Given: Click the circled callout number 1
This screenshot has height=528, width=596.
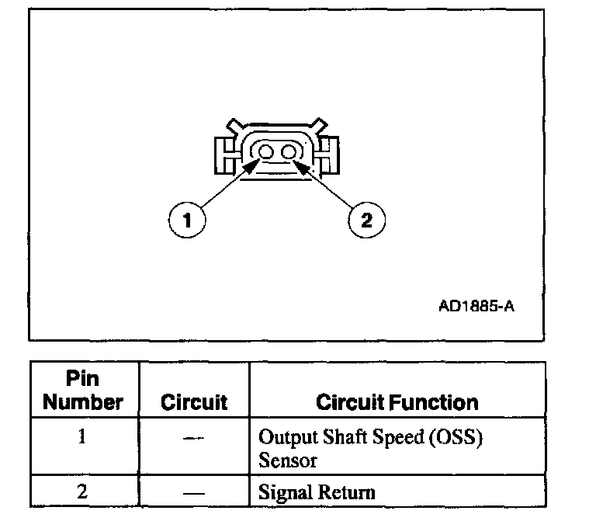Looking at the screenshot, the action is coord(186,220).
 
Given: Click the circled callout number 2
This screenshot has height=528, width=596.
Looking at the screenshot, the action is coord(366,220).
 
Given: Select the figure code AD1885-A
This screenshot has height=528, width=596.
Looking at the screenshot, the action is coord(476,305).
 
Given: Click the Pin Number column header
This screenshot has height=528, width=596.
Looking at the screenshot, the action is coord(83,391).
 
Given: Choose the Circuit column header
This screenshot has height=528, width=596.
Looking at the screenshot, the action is coord(194,402).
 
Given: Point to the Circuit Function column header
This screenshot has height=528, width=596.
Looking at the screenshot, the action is coord(397,402).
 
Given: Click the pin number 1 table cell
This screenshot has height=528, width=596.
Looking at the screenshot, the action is coord(83,436).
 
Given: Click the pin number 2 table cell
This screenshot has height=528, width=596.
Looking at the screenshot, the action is coord(83,491).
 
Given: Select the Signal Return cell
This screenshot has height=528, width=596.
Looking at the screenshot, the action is coord(317,492).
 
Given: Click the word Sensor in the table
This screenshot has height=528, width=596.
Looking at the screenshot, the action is coord(288,460).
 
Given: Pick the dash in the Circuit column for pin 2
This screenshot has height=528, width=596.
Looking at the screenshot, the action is coord(194,492).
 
